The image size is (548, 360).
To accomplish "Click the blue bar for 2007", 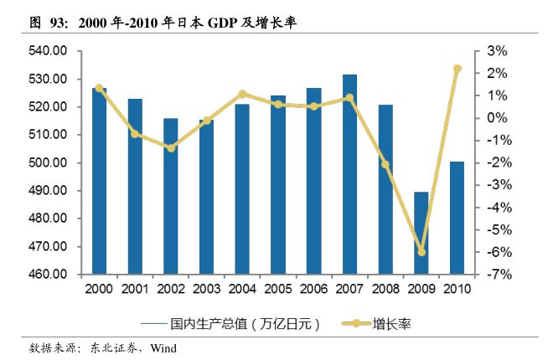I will [349, 174].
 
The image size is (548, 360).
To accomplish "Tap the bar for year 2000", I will [99, 181].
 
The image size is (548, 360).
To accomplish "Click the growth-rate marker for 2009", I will [421, 252].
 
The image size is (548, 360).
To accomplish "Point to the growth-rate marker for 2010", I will [458, 69].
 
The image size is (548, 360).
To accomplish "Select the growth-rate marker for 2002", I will [170, 148].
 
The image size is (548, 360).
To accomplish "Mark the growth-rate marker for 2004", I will [242, 94].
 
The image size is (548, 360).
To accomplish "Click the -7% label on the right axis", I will [494, 275].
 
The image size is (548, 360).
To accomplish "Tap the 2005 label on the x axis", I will [277, 289].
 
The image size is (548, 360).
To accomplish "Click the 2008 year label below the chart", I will [385, 289].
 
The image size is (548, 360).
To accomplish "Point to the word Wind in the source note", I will [163, 347].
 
